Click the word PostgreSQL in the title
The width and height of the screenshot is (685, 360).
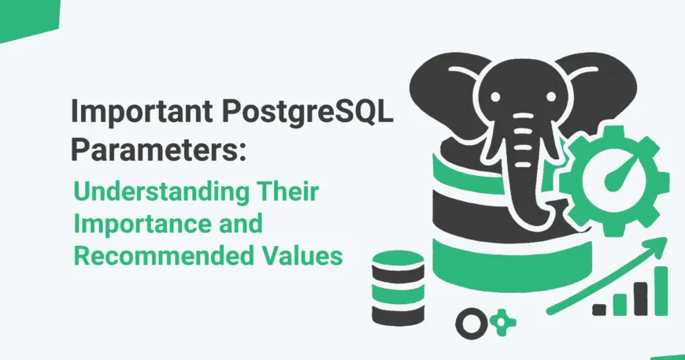(x=308, y=113)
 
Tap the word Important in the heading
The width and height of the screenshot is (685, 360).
(x=142, y=113)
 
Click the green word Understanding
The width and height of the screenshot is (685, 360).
(x=161, y=193)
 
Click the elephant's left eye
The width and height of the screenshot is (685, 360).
(x=495, y=97)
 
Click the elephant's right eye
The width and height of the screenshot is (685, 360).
(x=551, y=97)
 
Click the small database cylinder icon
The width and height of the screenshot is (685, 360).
(x=398, y=288)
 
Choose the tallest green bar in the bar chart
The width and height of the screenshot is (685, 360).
(x=661, y=290)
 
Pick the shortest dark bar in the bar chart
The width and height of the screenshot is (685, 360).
(x=599, y=309)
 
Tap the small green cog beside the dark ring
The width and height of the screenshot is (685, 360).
(x=502, y=322)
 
